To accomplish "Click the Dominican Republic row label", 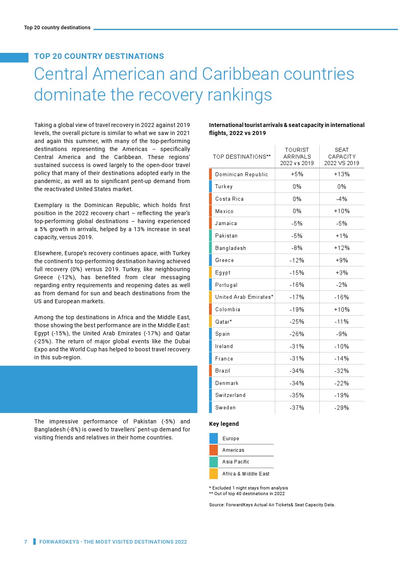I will (241, 174).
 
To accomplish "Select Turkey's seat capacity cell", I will (341, 187).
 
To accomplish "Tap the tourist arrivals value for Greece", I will (297, 260).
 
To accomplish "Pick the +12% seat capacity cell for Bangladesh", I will (341, 248).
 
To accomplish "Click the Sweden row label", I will (225, 408).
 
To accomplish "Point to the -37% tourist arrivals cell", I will (297, 408).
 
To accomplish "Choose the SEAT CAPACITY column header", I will (341, 156).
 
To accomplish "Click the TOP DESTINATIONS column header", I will (242, 157).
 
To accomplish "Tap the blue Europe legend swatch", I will (213, 438).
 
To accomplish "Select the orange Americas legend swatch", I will (213, 450).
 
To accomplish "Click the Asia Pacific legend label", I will (236, 462).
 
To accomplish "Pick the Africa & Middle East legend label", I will (246, 474).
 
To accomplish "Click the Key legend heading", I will (223, 424).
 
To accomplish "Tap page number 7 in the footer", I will (26, 542).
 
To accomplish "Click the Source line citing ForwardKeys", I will (272, 505).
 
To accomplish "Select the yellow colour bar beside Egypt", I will (210, 272).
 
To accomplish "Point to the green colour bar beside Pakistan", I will (210, 236).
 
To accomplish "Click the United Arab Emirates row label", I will (244, 297).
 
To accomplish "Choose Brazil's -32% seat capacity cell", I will (341, 371).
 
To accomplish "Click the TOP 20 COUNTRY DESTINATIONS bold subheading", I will (99, 56).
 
